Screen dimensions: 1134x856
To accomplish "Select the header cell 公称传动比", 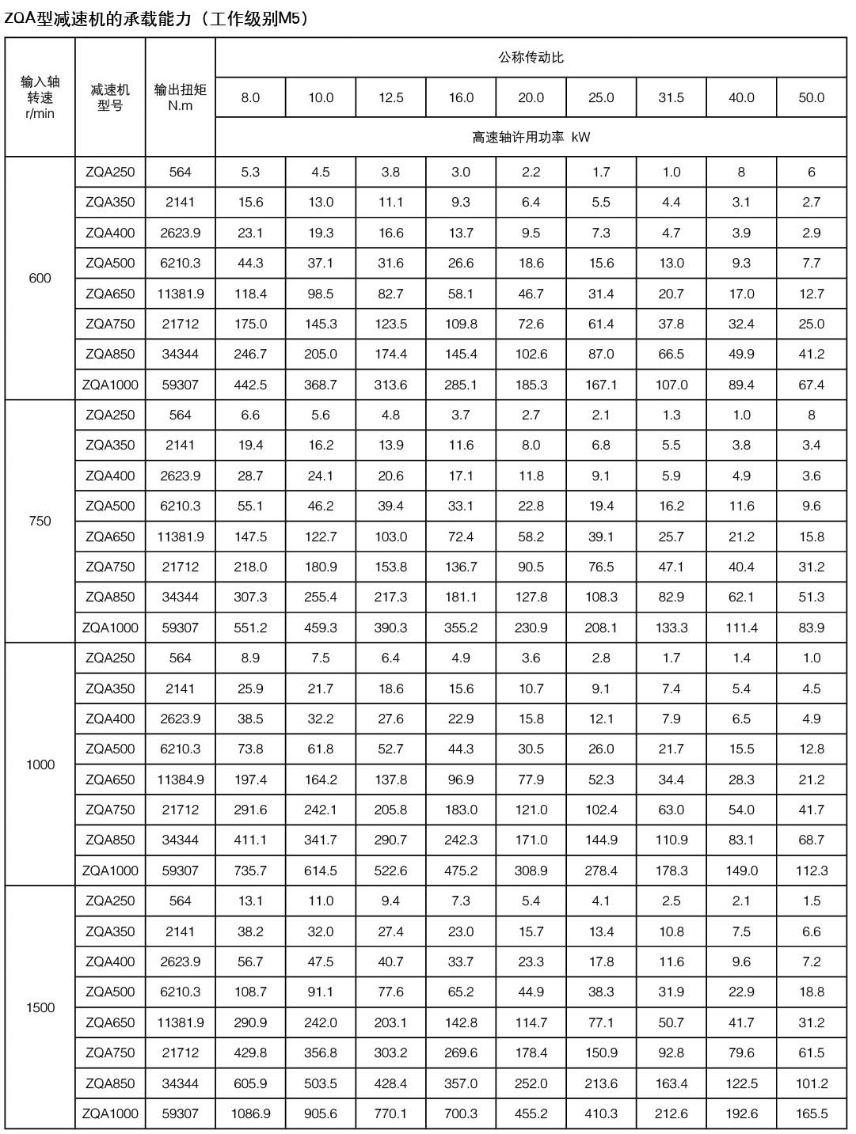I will pyautogui.click(x=531, y=58).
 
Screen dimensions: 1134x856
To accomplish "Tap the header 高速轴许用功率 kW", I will pyautogui.click(x=531, y=138).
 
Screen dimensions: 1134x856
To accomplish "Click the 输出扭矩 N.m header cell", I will pyautogui.click(x=180, y=97).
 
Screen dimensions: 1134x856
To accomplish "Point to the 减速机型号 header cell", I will pyautogui.click(x=110, y=97).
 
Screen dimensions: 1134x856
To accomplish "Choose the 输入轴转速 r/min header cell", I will pyautogui.click(x=40, y=97).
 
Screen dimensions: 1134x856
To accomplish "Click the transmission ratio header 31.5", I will pyautogui.click(x=671, y=98).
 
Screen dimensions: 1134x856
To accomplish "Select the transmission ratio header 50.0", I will pyautogui.click(x=811, y=98).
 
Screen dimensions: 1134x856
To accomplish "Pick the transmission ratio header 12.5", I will pyautogui.click(x=390, y=98).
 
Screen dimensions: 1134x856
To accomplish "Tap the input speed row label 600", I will pyautogui.click(x=40, y=279).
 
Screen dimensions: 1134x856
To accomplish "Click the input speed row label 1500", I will pyautogui.click(x=40, y=1007).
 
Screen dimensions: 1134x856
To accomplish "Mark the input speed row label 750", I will pyautogui.click(x=40, y=521).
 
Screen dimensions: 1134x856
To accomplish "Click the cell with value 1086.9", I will pyautogui.click(x=250, y=1113).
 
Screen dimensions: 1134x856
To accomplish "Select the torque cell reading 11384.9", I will pyautogui.click(x=180, y=779).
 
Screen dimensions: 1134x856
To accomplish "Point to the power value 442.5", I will pyautogui.click(x=250, y=385).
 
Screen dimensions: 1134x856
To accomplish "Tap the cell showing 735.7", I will pyautogui.click(x=250, y=870).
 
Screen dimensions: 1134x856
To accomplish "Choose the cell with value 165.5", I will pyautogui.click(x=811, y=1113).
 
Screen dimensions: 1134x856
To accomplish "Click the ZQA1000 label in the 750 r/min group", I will pyautogui.click(x=110, y=628).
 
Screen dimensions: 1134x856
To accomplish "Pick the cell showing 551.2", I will pyautogui.click(x=250, y=628).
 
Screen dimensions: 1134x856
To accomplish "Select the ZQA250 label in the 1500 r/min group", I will pyautogui.click(x=110, y=901).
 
